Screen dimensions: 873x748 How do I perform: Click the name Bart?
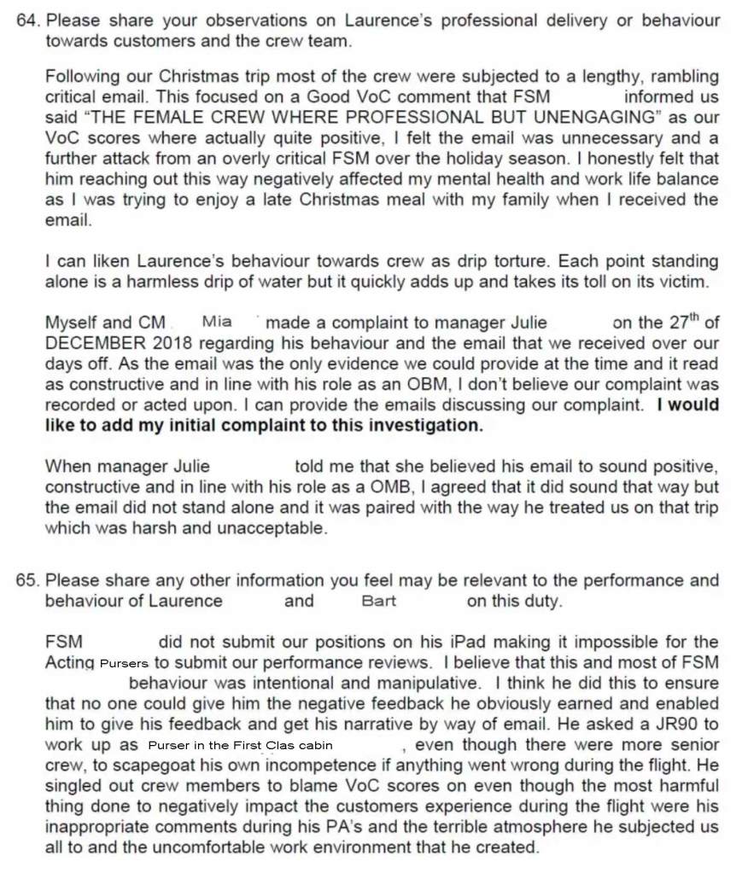[x=378, y=601]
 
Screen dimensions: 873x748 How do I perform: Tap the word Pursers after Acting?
[x=124, y=662]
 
